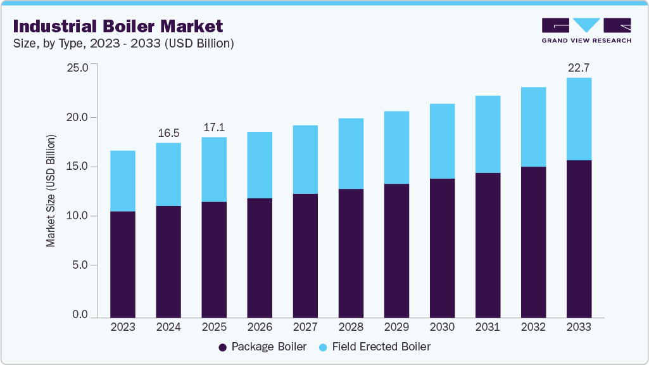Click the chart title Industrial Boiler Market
click(118, 26)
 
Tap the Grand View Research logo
click(586, 30)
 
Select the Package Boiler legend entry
click(262, 347)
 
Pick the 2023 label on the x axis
click(123, 327)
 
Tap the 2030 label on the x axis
click(442, 327)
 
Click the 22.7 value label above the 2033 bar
click(579, 67)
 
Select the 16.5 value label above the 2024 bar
click(168, 132)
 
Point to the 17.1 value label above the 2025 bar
click(214, 127)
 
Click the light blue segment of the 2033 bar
click(579, 119)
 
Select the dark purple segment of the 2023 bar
click(123, 264)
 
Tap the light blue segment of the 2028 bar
click(351, 153)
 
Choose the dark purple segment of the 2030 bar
click(442, 248)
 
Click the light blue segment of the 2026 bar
click(260, 165)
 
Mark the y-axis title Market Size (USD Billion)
click(51, 191)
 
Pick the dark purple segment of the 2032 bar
click(533, 242)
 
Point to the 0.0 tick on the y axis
click(80, 315)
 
